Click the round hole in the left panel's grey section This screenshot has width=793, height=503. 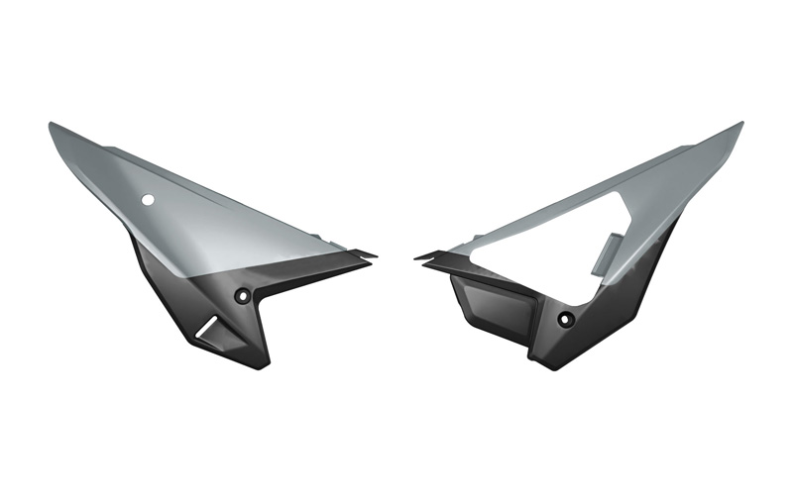click(148, 200)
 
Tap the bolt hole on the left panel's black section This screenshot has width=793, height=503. click(243, 296)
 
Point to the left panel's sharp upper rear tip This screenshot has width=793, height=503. click(52, 125)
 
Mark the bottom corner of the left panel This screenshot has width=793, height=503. click(260, 365)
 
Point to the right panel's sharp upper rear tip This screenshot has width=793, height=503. click(740, 125)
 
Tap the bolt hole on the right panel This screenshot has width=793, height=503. click(565, 319)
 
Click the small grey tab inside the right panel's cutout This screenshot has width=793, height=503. click(607, 253)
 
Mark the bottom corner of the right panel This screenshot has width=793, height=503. click(542, 366)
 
